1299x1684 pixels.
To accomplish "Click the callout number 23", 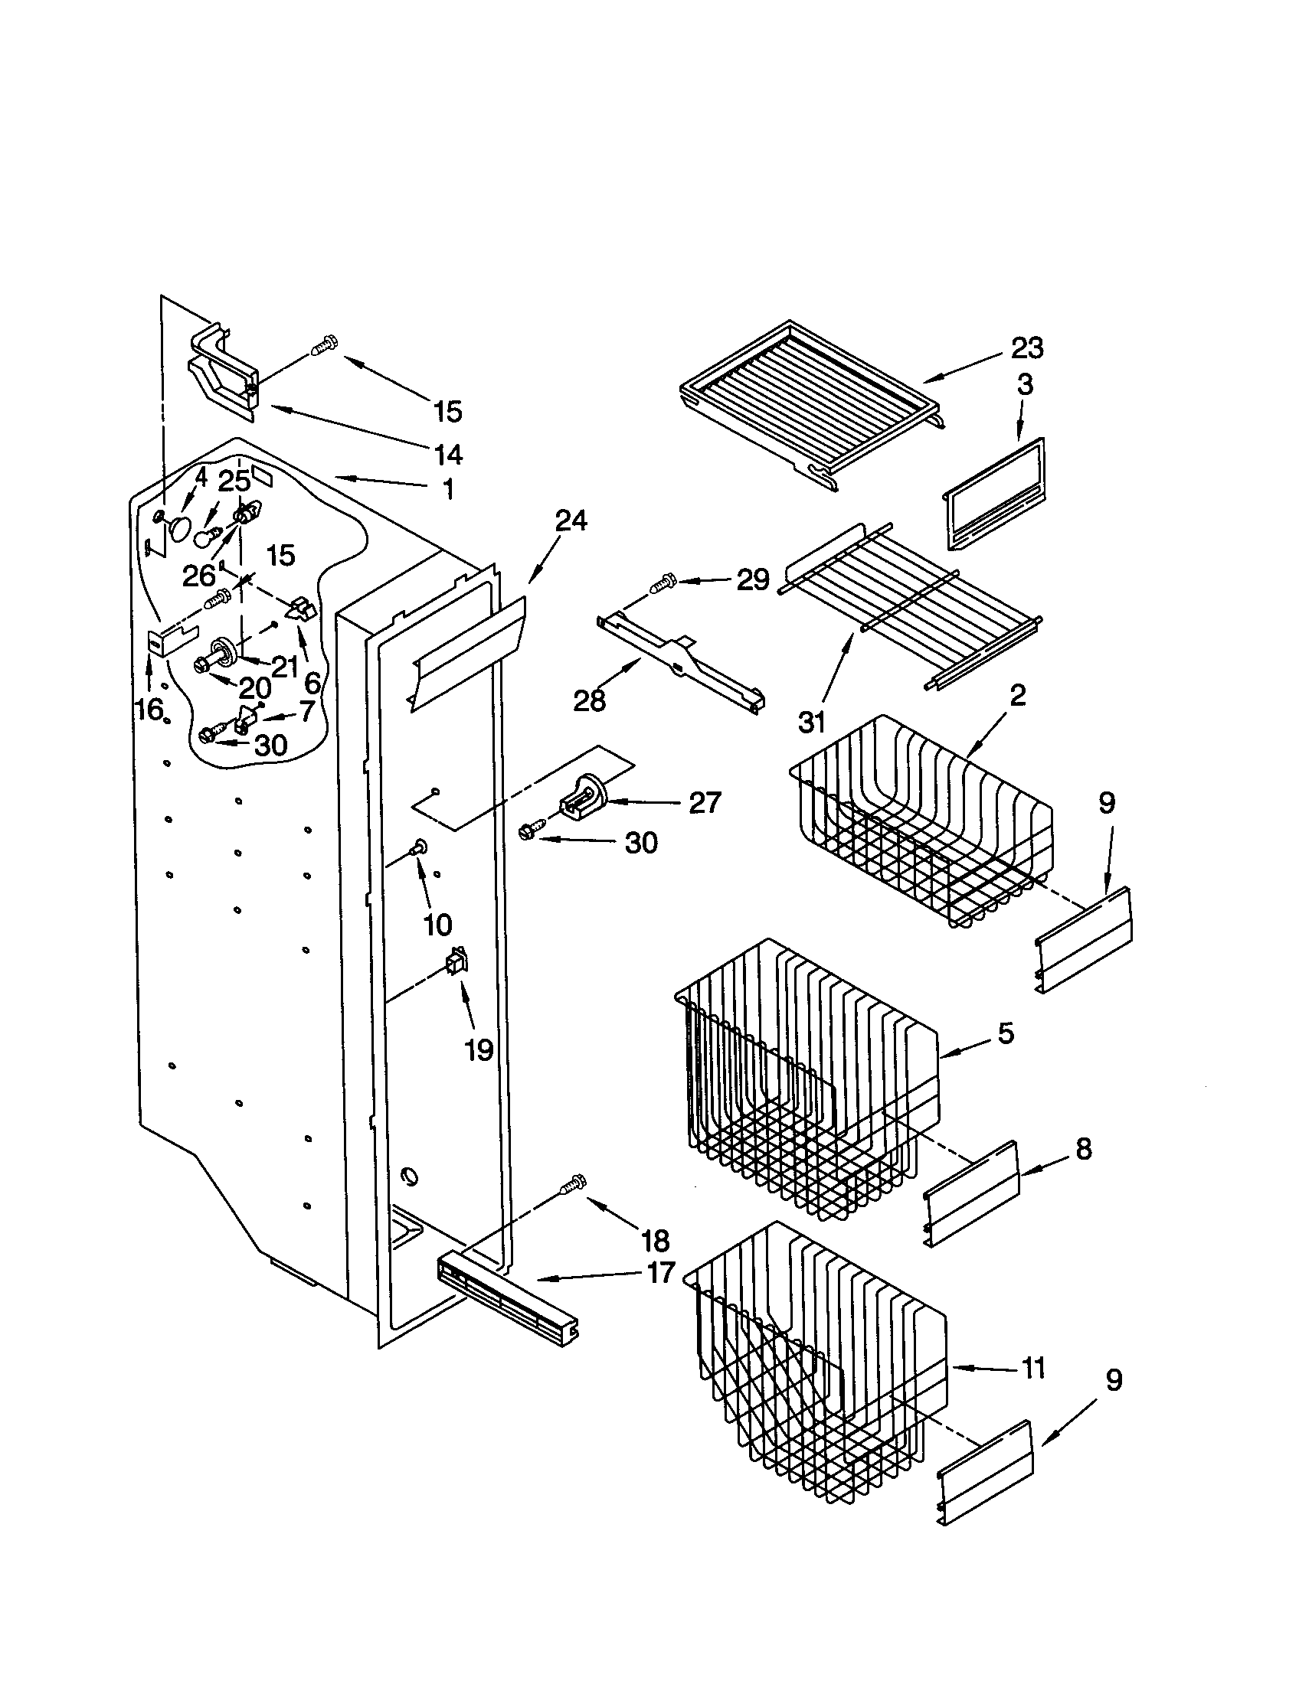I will pyautogui.click(x=1026, y=348).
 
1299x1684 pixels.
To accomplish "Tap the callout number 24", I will pyautogui.click(x=571, y=521).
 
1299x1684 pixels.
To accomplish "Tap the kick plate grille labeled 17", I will pyautogui.click(x=509, y=1301).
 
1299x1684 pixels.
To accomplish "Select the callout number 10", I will pyautogui.click(x=437, y=925).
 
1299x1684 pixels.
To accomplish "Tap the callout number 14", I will pyautogui.click(x=448, y=455).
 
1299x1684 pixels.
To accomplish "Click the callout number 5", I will pyautogui.click(x=1006, y=1033).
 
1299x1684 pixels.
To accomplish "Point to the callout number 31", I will pyautogui.click(x=811, y=723).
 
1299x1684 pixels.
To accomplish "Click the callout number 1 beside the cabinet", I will pyautogui.click(x=448, y=489).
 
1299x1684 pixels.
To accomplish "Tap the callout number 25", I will pyautogui.click(x=234, y=481).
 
